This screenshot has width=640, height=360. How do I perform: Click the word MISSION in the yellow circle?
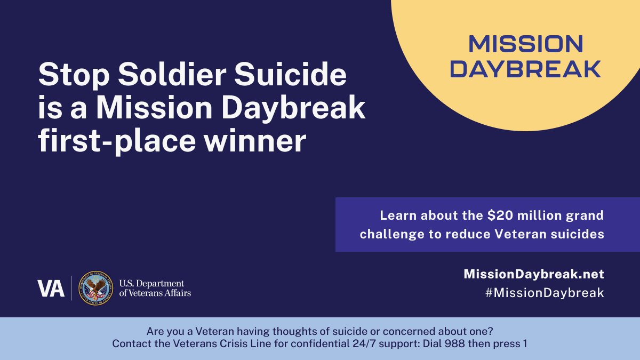[x=526, y=44]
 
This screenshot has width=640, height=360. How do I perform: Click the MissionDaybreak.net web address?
[x=534, y=274]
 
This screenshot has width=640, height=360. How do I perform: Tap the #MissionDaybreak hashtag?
[x=534, y=293]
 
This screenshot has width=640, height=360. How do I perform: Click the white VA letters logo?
[x=51, y=289]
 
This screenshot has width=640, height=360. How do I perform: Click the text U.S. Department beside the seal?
[x=151, y=283]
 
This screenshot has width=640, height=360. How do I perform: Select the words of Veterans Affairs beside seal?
[x=155, y=293]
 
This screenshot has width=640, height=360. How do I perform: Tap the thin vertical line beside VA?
[x=71, y=289]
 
